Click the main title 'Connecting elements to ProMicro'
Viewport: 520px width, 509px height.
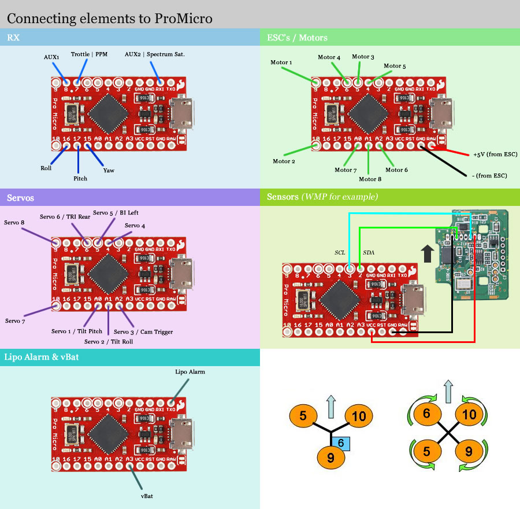pos(110,18)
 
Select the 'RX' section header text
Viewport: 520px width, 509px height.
pos(13,38)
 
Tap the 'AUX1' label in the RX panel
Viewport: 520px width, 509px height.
pos(52,57)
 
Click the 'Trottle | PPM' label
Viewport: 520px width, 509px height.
pos(89,54)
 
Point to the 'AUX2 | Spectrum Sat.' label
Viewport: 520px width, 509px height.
pos(155,54)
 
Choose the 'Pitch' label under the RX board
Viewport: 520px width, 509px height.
pos(80,178)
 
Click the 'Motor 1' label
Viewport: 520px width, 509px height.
pos(281,62)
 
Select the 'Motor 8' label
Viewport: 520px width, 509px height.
pos(370,179)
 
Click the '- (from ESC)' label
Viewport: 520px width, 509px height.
pos(489,175)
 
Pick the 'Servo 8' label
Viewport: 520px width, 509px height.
pos(14,222)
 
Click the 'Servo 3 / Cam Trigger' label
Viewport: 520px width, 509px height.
pos(143,331)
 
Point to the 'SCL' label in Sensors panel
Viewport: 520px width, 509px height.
pos(340,253)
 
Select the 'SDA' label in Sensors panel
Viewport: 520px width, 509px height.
pos(368,253)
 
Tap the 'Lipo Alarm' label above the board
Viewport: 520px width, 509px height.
pos(190,371)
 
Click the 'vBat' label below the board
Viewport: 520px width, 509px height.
pos(147,496)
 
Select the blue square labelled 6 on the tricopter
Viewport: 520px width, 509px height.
pos(341,442)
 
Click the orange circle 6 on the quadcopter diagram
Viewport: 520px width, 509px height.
pos(426,414)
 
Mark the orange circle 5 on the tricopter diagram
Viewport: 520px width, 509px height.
pos(303,415)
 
